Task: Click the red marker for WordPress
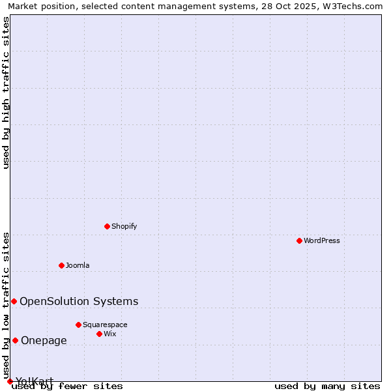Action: click(x=299, y=240)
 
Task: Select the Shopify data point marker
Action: click(x=107, y=226)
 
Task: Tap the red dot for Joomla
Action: click(x=61, y=265)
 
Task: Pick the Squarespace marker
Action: click(x=78, y=325)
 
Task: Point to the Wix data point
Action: click(x=99, y=334)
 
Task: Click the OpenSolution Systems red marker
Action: click(x=14, y=301)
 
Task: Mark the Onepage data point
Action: click(x=15, y=340)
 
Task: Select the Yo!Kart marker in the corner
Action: click(x=10, y=381)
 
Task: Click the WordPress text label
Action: click(x=322, y=240)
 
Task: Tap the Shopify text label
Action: click(x=124, y=226)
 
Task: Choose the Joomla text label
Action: click(x=78, y=265)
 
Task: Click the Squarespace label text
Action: click(x=105, y=325)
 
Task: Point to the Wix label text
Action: click(x=110, y=334)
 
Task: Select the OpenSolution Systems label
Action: click(x=79, y=301)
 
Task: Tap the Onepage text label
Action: click(x=44, y=340)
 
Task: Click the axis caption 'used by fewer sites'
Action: click(x=67, y=386)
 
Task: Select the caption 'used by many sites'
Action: click(x=327, y=386)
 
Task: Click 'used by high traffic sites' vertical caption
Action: click(x=7, y=93)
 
